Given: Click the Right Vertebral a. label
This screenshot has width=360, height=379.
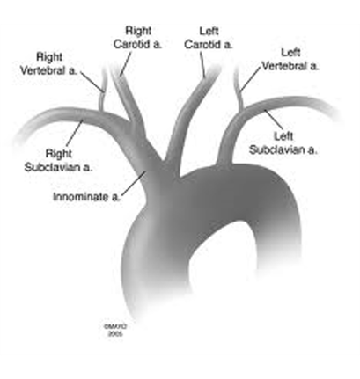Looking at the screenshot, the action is click(48, 63).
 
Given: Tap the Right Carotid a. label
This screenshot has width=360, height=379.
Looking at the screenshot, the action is click(137, 38).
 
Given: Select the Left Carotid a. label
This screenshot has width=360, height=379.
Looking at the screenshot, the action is click(209, 38).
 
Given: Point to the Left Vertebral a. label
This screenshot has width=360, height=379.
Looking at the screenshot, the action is click(290, 60).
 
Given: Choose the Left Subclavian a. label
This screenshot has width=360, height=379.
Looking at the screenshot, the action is click(283, 143).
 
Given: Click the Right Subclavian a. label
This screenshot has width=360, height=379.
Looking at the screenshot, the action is click(58, 160).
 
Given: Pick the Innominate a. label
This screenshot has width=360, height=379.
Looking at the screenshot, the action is click(87, 197).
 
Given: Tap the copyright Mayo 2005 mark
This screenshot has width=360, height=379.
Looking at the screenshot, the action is click(115, 330).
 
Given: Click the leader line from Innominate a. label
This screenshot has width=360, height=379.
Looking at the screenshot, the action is click(134, 183).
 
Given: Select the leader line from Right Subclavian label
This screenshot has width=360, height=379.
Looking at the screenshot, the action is click(75, 133).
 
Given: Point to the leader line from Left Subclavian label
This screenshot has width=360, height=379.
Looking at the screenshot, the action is click(274, 120).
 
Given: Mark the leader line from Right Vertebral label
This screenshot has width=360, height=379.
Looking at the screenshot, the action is click(92, 82).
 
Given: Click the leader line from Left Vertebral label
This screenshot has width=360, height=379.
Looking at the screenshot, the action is click(250, 79).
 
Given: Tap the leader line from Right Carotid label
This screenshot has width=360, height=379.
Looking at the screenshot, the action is click(126, 64).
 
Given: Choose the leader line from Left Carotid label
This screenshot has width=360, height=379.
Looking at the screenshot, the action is click(202, 65).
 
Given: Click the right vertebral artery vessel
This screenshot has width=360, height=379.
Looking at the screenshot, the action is click(102, 91).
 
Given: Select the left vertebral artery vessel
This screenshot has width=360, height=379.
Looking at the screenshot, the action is click(239, 90).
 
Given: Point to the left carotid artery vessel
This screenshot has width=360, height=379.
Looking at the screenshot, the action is click(191, 117).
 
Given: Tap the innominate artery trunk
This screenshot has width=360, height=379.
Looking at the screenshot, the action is click(150, 164).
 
